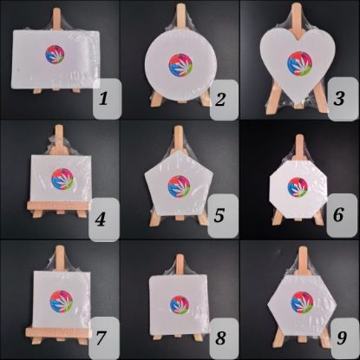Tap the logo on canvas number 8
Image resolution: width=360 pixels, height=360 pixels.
click(180, 304)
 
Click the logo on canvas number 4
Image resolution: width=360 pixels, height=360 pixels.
click(62, 179)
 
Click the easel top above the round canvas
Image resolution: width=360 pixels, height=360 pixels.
click(180, 12)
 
